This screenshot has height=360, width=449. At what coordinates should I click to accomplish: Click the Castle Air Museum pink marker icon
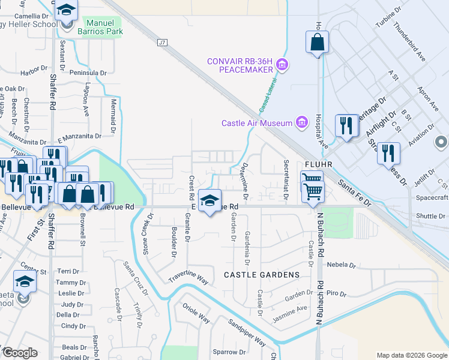coord(303,123)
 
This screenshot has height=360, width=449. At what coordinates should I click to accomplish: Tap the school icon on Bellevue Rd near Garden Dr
coord(209,201)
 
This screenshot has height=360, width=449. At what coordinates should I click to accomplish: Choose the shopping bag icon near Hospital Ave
coord(316,43)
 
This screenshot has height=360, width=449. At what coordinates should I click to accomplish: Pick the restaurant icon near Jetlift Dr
coord(388,153)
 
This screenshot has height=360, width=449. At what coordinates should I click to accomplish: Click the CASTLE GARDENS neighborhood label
coord(261,275)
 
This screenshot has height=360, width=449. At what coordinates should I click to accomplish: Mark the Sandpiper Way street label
coord(246,329)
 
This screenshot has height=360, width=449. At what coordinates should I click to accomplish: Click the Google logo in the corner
coord(20,353)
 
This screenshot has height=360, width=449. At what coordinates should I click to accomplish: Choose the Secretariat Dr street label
coord(286,173)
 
